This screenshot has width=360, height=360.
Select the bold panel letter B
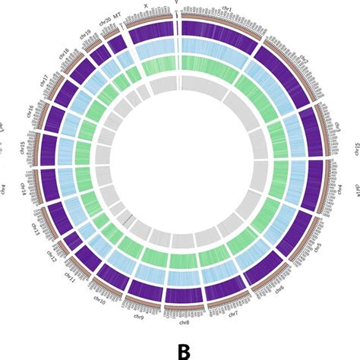(183, 349)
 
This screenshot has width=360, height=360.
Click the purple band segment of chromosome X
(150, 36)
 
